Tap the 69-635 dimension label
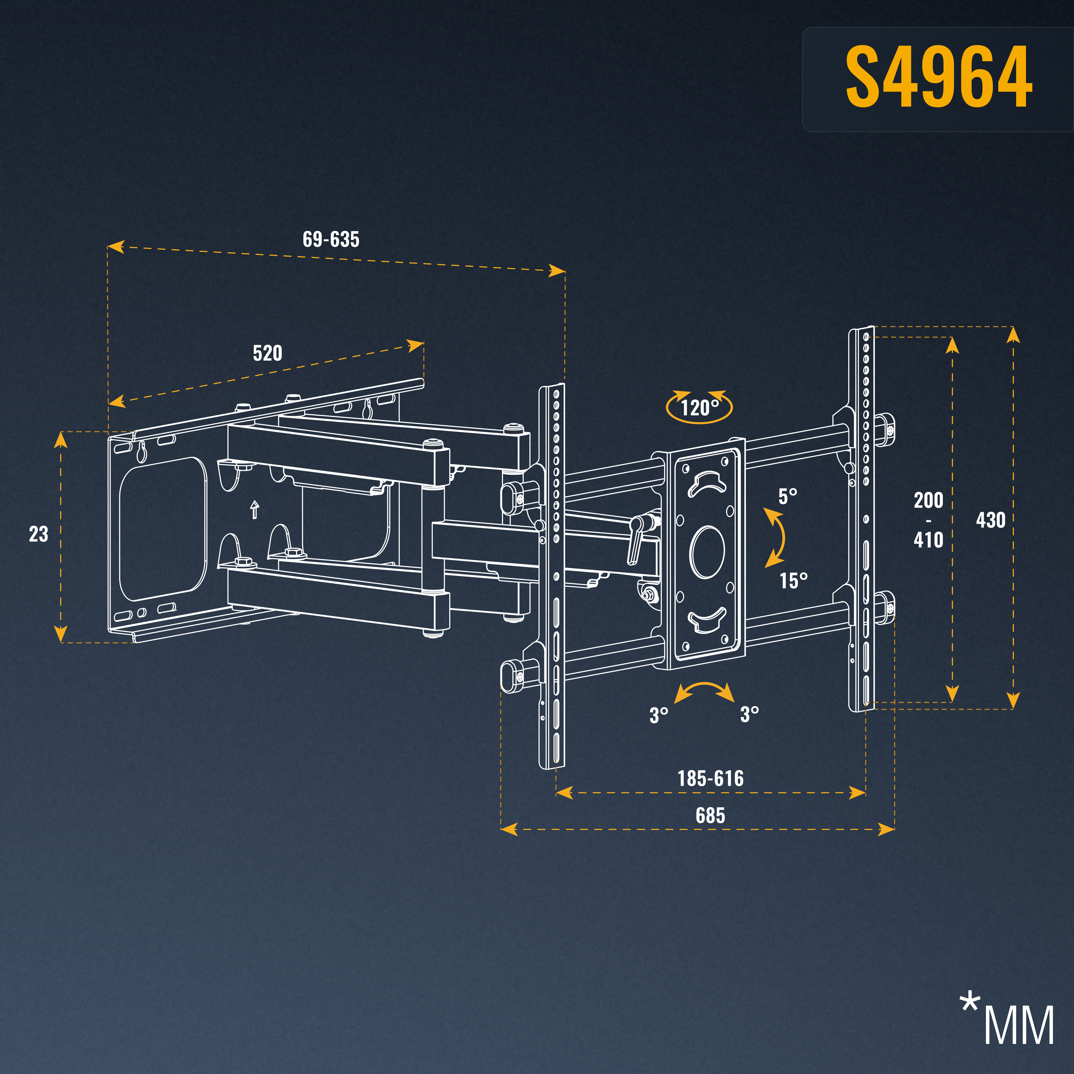[x=331, y=240]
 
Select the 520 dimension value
[x=267, y=353]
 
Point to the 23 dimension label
[x=38, y=534]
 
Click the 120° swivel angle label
[x=699, y=408]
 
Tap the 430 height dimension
[x=990, y=520]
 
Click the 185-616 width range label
[x=710, y=778]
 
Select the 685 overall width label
[x=710, y=815]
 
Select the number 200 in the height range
[x=928, y=500]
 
